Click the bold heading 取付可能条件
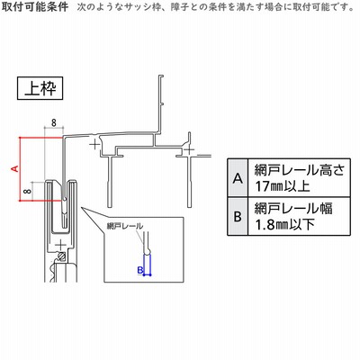(35, 6)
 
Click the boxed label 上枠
(40, 88)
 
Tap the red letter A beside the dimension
(14, 168)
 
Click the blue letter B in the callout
(140, 270)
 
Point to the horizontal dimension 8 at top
(54, 122)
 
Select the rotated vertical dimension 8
(27, 191)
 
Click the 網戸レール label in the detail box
(125, 226)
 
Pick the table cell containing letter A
(238, 177)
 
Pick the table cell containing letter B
(238, 216)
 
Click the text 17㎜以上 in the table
(283, 186)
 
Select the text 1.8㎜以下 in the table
(284, 224)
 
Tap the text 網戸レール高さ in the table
(300, 170)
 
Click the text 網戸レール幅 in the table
(293, 208)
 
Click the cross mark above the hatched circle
(61, 245)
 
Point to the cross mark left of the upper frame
(94, 145)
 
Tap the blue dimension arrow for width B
(148, 274)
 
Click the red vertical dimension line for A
(20, 168)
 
